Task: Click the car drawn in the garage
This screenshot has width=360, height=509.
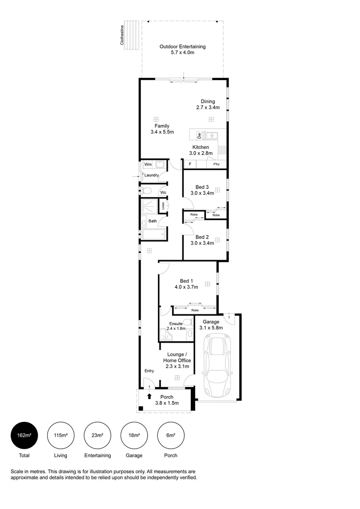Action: (x=217, y=366)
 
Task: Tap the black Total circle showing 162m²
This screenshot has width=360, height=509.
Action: (x=24, y=435)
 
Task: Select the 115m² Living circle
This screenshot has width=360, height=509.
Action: (x=60, y=435)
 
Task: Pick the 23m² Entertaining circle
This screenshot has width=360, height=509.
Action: (x=97, y=435)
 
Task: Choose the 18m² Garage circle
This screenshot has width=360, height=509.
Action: (x=134, y=435)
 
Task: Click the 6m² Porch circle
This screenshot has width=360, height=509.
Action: (x=171, y=435)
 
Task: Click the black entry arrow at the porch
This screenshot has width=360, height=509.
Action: (x=150, y=396)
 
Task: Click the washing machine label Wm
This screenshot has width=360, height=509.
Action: (x=148, y=164)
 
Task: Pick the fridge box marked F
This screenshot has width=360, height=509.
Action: (x=190, y=164)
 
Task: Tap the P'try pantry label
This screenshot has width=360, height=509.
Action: (x=216, y=164)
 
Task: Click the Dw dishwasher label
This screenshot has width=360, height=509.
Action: (x=199, y=136)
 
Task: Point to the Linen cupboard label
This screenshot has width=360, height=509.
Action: (x=163, y=206)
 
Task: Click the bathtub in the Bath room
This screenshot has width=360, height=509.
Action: (x=153, y=234)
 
